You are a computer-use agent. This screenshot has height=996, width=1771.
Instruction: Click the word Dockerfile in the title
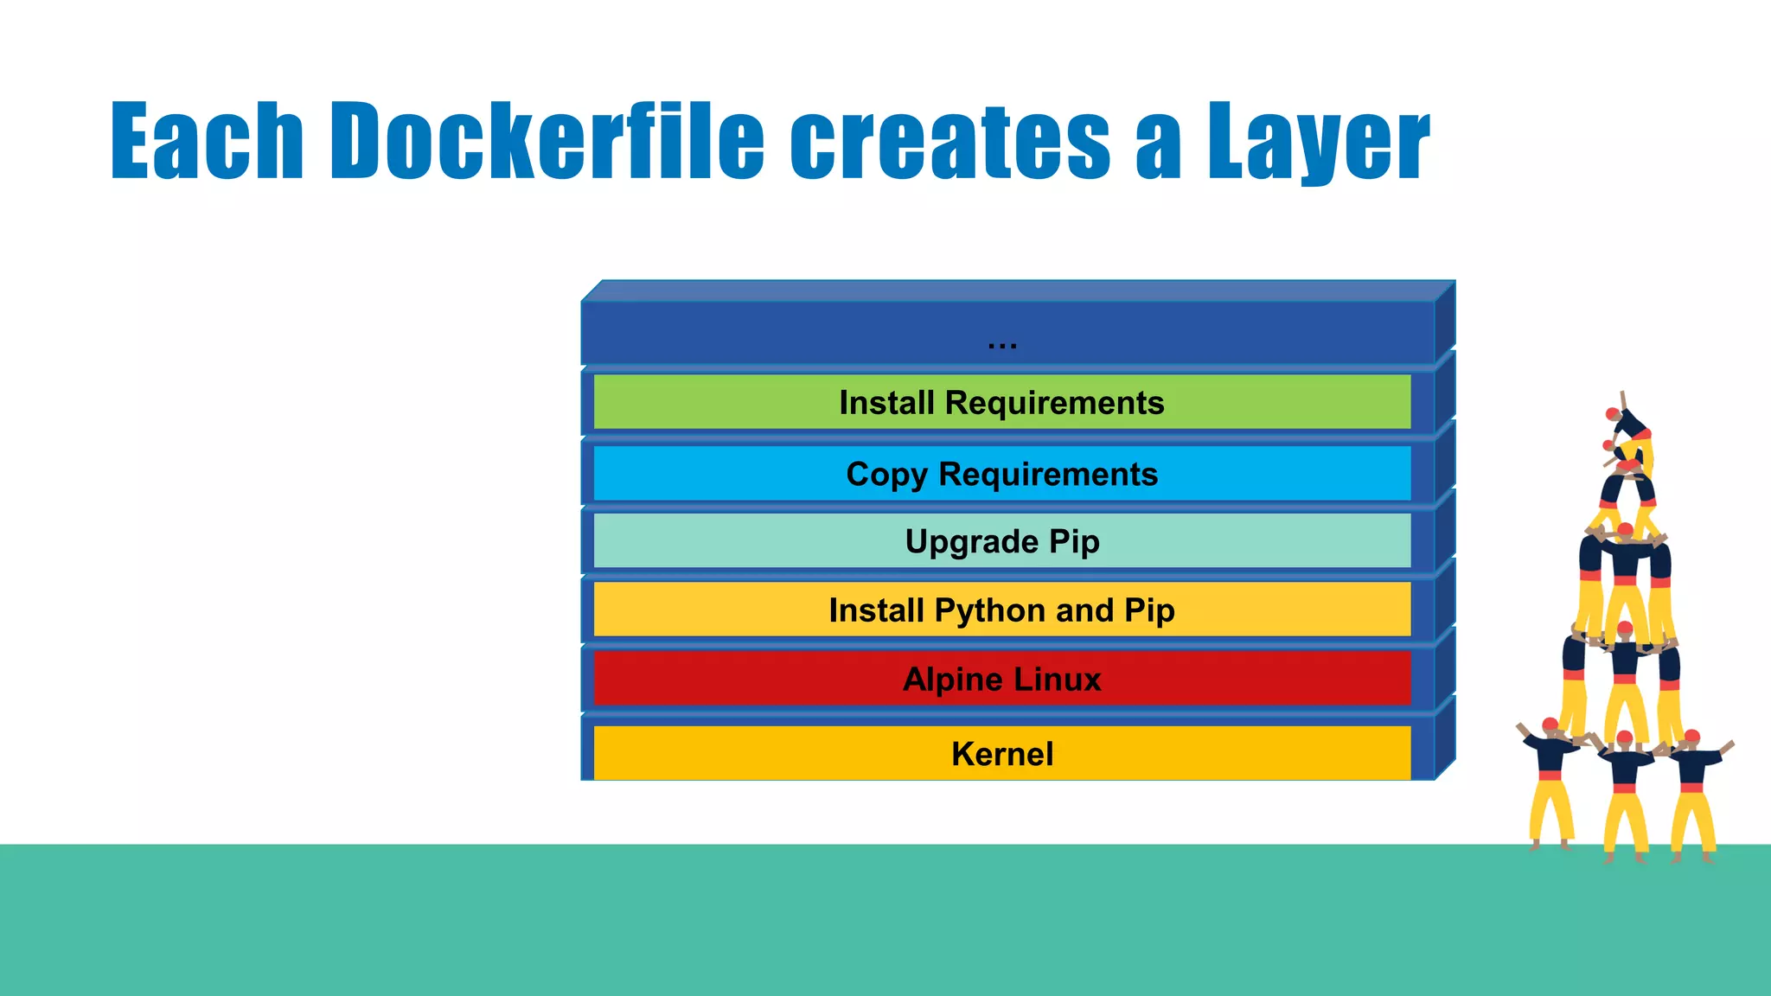547,140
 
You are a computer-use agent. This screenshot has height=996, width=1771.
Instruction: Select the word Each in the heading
207,140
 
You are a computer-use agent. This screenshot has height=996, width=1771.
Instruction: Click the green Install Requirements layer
1001,403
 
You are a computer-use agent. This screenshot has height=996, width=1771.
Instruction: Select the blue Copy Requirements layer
1001,474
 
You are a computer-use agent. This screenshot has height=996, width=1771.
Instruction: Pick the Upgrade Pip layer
1001,541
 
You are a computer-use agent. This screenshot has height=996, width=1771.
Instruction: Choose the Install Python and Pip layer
1001,610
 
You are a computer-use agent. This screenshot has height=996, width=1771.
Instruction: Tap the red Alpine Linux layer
1001,680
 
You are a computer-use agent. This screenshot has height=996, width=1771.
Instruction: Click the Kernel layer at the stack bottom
1001,754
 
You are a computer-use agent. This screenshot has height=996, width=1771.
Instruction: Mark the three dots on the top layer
1002,345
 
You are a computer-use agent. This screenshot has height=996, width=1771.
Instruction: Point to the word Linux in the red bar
1058,680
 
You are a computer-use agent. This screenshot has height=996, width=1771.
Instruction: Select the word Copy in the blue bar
886,475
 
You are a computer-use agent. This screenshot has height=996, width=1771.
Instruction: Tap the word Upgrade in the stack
971,542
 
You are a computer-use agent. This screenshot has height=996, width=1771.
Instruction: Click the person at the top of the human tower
1630,428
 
